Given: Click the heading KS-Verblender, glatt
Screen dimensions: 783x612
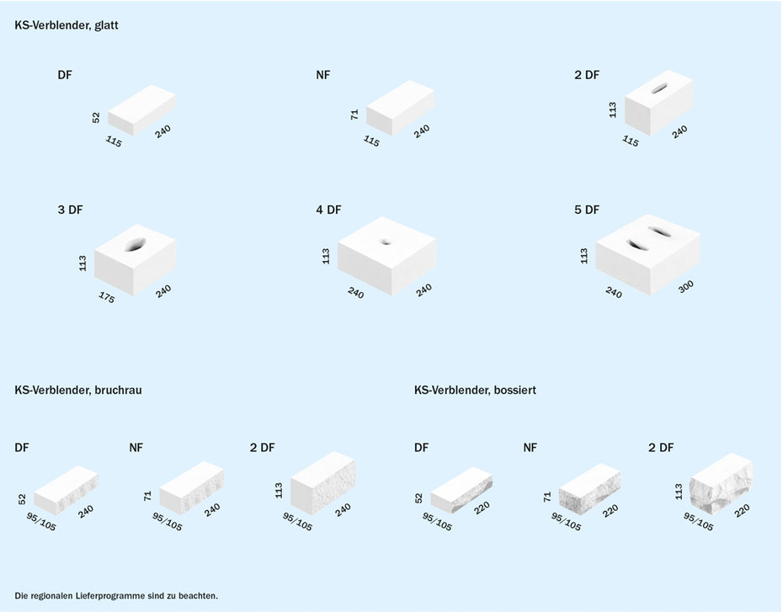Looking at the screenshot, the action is click(x=67, y=25).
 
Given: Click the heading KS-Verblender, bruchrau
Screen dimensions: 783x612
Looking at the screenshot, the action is click(x=78, y=390).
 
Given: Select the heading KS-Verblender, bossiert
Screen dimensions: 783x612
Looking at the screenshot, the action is click(x=475, y=390).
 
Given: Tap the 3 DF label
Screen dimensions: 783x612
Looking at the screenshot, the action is click(x=70, y=210).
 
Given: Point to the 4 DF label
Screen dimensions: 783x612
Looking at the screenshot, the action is click(x=328, y=210).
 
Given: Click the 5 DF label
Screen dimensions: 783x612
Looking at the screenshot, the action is click(x=587, y=210).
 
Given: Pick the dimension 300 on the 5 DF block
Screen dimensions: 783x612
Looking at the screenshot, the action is click(x=686, y=286).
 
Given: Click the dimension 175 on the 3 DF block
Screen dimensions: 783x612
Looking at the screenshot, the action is click(x=106, y=297).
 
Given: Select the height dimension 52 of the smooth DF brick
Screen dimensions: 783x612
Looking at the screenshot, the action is click(x=96, y=117).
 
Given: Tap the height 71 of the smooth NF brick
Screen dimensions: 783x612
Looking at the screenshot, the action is click(x=354, y=114).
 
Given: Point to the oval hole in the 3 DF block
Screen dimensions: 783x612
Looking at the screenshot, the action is click(x=135, y=244).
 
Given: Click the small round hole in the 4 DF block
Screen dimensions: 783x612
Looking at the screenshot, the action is click(x=386, y=242).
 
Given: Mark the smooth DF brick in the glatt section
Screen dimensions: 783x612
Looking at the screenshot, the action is click(x=141, y=109).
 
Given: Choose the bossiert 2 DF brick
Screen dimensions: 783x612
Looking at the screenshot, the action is click(x=721, y=483).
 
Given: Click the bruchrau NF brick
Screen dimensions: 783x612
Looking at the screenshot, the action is click(x=191, y=487).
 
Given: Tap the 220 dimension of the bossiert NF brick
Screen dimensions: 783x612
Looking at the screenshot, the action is click(x=610, y=511).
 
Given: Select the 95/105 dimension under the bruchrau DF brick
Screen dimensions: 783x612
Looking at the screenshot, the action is click(x=41, y=522).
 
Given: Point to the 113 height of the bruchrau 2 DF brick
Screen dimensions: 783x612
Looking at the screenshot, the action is click(x=279, y=490).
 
